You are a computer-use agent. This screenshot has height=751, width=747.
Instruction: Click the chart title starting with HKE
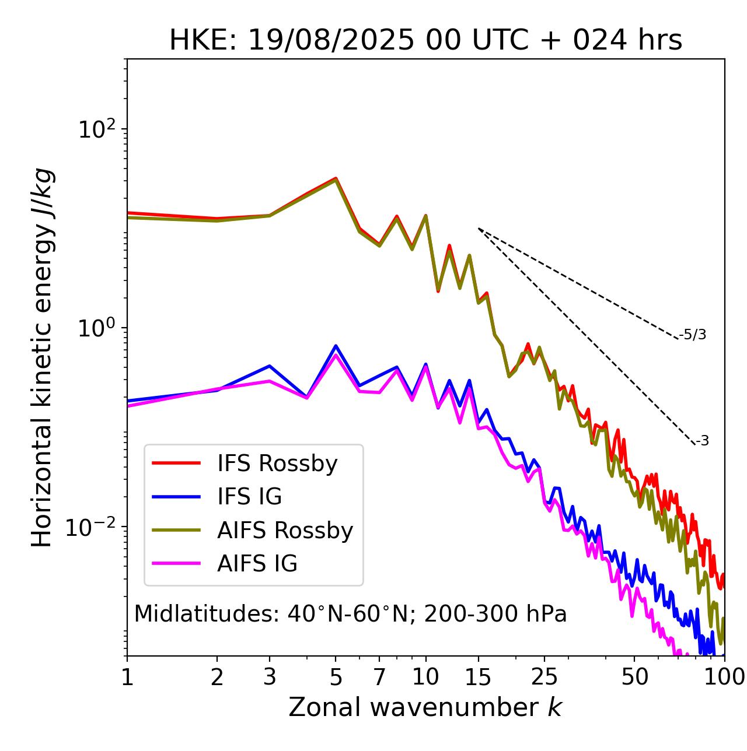pos(425,41)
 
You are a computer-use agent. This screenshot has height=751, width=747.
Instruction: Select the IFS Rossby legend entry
pos(277,464)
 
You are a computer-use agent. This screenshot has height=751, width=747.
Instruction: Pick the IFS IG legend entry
pos(249,497)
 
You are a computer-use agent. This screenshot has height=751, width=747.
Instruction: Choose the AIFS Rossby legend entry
pos(285,531)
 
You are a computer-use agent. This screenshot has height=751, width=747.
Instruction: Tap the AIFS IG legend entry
pos(257,564)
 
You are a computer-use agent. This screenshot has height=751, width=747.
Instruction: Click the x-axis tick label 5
pos(336,678)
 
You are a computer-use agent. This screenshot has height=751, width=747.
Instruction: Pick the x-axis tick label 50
pos(634,678)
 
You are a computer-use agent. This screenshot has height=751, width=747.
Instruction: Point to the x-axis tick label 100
pos(724,678)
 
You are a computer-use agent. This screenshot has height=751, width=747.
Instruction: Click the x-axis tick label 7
pos(379,678)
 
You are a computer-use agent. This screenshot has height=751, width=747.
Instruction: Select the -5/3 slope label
pos(693,335)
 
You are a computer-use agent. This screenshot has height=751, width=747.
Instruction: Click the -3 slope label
pos(702,441)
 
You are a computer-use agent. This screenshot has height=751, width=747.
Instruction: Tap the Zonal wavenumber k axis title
pos(425,707)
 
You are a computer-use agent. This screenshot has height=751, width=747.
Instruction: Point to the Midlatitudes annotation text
pos(350,614)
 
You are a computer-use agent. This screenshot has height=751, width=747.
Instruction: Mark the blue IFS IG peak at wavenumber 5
pos(336,346)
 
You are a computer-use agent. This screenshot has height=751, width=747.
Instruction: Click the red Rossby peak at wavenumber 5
pos(336,178)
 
